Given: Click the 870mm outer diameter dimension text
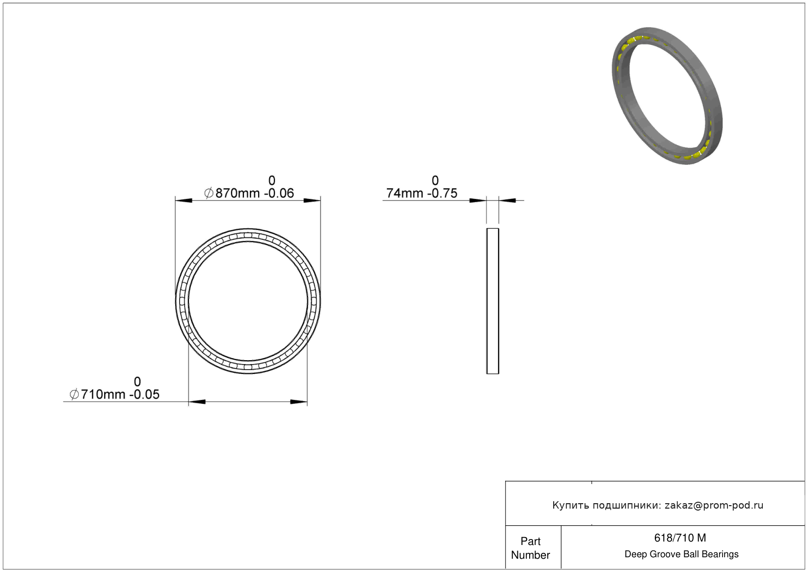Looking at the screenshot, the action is (238, 193).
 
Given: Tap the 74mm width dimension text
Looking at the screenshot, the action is (404, 193).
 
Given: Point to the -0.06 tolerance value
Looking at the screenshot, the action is (279, 193).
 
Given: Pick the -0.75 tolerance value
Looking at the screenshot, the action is (442, 193).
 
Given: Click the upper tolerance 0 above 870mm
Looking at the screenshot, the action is (272, 180).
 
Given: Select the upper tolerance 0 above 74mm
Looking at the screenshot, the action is (435, 180).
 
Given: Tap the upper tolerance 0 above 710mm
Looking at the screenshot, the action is (137, 382).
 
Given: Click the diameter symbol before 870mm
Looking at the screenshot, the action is (209, 193).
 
